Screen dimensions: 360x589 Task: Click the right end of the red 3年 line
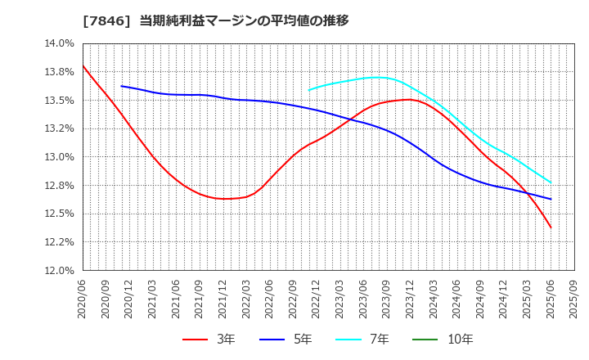[x=551, y=227]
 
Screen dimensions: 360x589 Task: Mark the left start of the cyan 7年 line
[x=309, y=90]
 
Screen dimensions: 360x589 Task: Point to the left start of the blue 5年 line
[x=122, y=86]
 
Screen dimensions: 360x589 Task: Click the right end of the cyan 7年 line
[x=551, y=182]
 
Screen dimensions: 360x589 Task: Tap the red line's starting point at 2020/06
[x=83, y=65]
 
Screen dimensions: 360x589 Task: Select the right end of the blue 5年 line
[x=551, y=199]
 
